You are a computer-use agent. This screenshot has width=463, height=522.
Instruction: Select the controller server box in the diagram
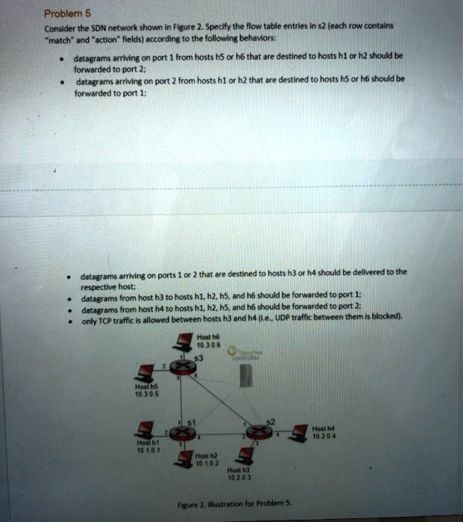(245, 376)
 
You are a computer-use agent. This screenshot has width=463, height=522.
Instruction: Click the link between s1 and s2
(220, 433)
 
